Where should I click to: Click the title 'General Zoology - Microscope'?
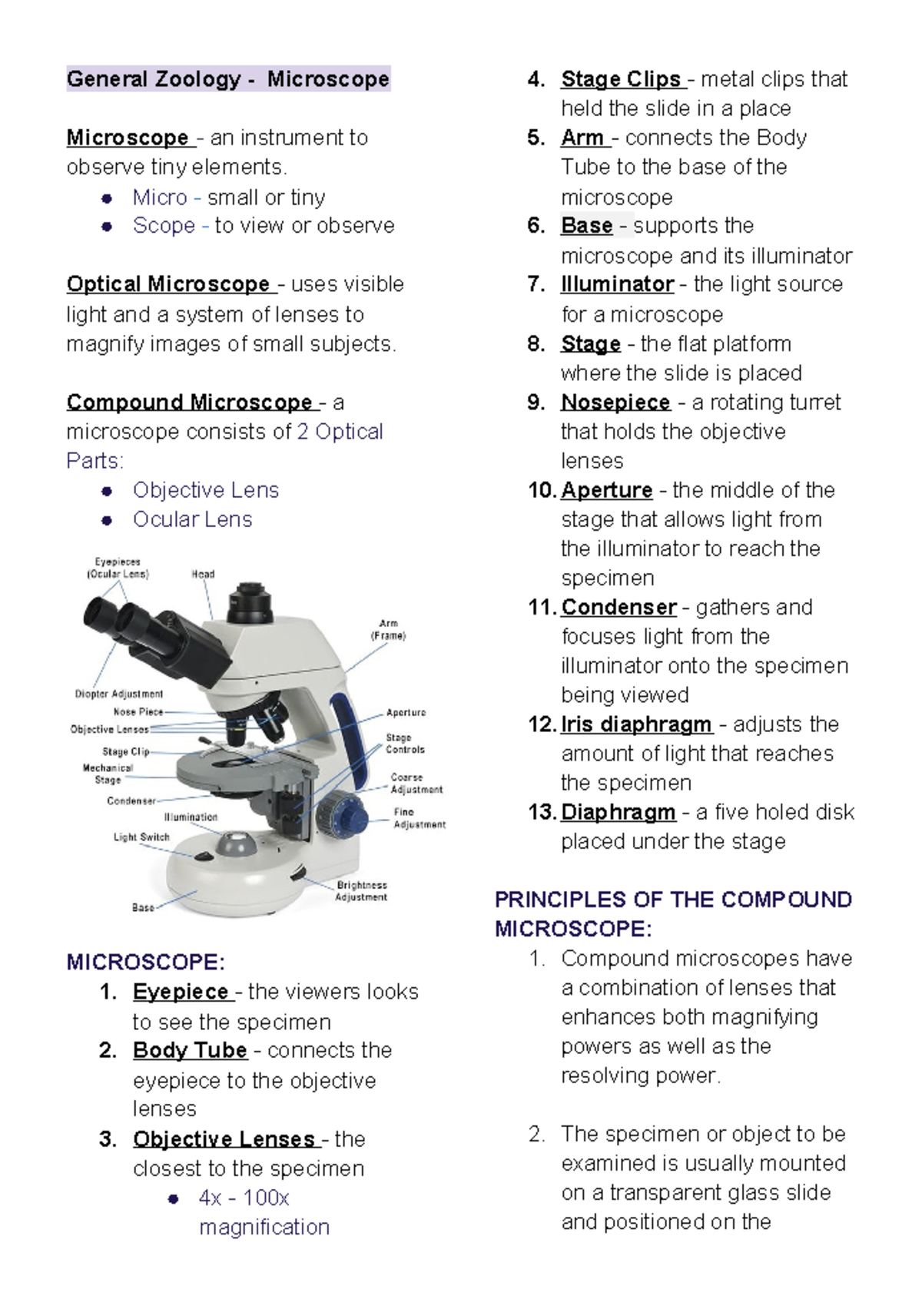pos(228,79)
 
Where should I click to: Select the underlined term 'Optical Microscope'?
pos(168,284)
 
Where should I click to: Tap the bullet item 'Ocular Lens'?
pos(192,520)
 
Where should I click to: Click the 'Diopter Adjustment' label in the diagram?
pos(119,694)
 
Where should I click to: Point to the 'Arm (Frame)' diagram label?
pos(388,630)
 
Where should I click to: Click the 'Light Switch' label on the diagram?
pos(141,837)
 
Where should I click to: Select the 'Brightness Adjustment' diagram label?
pos(361,891)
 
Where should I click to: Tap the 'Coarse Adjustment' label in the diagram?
pos(416,784)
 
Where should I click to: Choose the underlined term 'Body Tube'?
pos(190,1050)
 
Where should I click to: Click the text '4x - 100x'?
pos(244,1198)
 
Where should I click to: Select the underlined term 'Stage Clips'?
pos(621,79)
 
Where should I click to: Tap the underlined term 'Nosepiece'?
pos(615,403)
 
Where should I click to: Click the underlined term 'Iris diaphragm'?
pos(636,724)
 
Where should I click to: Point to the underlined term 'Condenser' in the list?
pos(619,608)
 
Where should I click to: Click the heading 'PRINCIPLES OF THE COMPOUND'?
pos(673,900)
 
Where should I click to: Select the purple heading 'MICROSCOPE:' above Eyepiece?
pos(146,963)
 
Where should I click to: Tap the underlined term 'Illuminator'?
pos(617,284)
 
